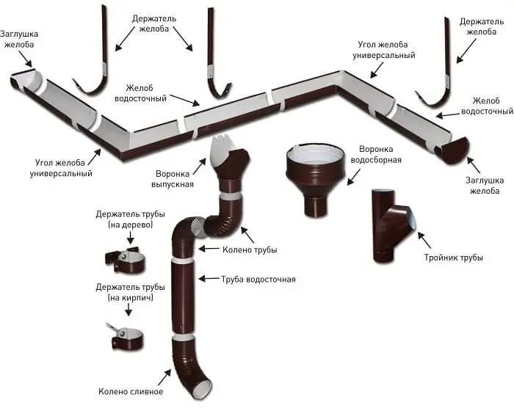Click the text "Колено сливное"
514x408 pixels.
click(x=126, y=391)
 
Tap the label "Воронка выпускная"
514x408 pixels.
click(x=174, y=179)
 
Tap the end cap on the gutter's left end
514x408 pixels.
click(x=25, y=80)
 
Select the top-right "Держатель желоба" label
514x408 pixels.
click(x=480, y=27)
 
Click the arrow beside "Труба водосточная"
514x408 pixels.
click(x=209, y=278)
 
